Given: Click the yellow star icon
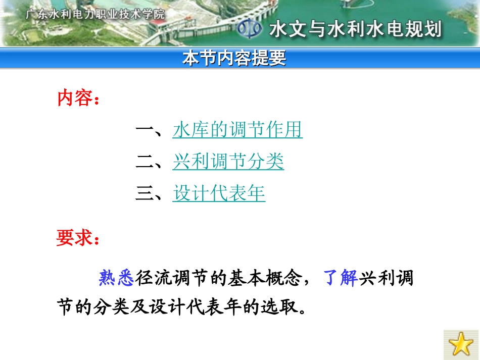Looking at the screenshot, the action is point(461,344).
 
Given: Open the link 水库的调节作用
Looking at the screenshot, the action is point(237,130).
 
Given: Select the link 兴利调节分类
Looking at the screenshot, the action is point(228,161).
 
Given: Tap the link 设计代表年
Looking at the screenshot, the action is point(219,193).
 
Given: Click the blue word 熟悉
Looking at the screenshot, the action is point(116,278).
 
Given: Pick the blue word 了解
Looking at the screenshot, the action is point(341,278).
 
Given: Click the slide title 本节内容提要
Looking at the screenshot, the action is point(234,58).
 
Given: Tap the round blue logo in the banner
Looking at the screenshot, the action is point(250,29).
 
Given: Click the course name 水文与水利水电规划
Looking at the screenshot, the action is point(355,29).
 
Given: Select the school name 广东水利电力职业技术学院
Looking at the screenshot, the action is point(95,14).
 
